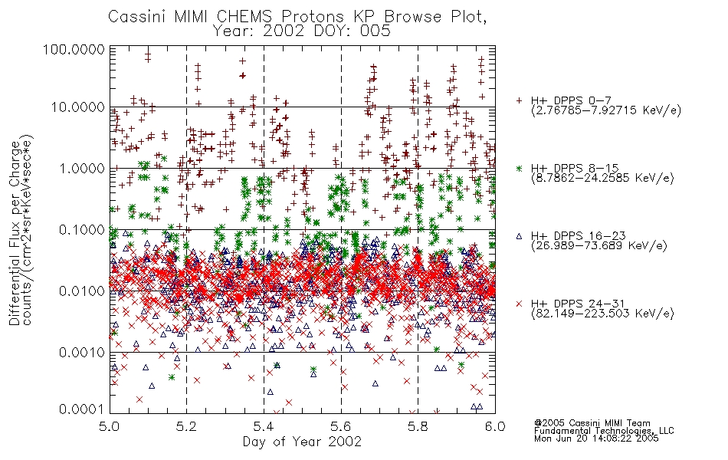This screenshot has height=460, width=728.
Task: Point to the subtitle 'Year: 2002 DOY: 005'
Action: (301, 31)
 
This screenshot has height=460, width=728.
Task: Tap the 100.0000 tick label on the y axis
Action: (74, 49)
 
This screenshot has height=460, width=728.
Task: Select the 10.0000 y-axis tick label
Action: (77, 107)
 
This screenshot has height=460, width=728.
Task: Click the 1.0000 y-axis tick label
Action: (81, 168)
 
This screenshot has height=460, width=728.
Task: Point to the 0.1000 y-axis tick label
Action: (81, 229)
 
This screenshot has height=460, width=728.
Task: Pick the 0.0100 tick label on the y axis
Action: (81, 291)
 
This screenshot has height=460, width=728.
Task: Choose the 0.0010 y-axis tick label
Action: (81, 352)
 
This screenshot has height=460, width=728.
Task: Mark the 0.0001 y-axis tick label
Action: (81, 409)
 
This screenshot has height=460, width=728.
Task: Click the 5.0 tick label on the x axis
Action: (110, 426)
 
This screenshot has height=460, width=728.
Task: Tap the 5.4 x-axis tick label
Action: (264, 426)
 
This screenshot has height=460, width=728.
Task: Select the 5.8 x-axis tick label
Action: (418, 426)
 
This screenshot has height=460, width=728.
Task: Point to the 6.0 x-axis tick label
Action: (495, 426)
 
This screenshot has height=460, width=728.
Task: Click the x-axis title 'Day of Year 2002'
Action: (302, 442)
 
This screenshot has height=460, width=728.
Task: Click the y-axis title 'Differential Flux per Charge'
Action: (15, 234)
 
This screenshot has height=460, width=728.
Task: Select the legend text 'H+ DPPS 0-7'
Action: (571, 100)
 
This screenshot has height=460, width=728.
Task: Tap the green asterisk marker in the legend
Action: (519, 168)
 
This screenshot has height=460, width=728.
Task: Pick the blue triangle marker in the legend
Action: (519, 236)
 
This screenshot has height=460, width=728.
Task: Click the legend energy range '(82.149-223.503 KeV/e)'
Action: (602, 314)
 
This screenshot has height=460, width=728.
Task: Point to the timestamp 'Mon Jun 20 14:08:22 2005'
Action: (596, 439)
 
